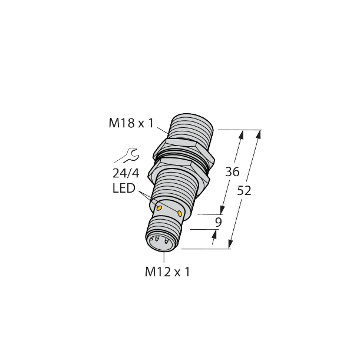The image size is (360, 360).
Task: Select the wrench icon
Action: pos(127,156)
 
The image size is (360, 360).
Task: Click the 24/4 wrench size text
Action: pos(124,174)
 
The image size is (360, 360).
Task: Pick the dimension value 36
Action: pos(233,172)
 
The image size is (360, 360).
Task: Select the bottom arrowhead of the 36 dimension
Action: pos(223,211)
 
